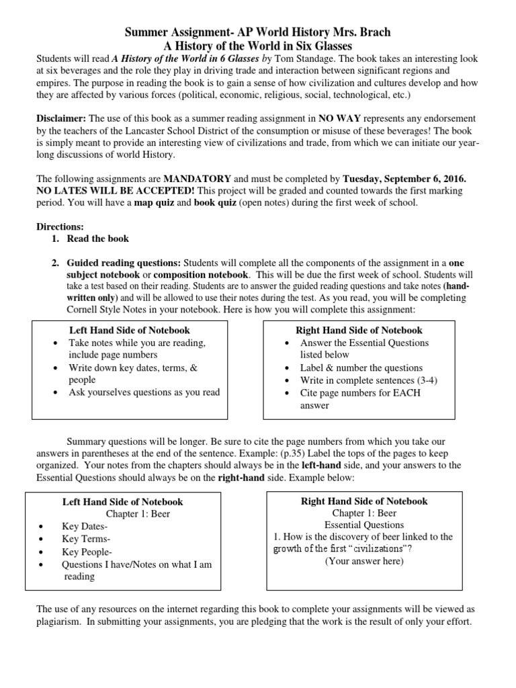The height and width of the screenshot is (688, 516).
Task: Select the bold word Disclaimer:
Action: (x=61, y=118)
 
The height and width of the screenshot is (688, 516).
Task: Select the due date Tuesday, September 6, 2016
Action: (x=404, y=179)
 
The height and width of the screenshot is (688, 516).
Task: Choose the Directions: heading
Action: (x=60, y=227)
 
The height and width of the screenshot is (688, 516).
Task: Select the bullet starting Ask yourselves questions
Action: (x=144, y=392)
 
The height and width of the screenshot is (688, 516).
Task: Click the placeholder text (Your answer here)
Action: (x=364, y=561)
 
